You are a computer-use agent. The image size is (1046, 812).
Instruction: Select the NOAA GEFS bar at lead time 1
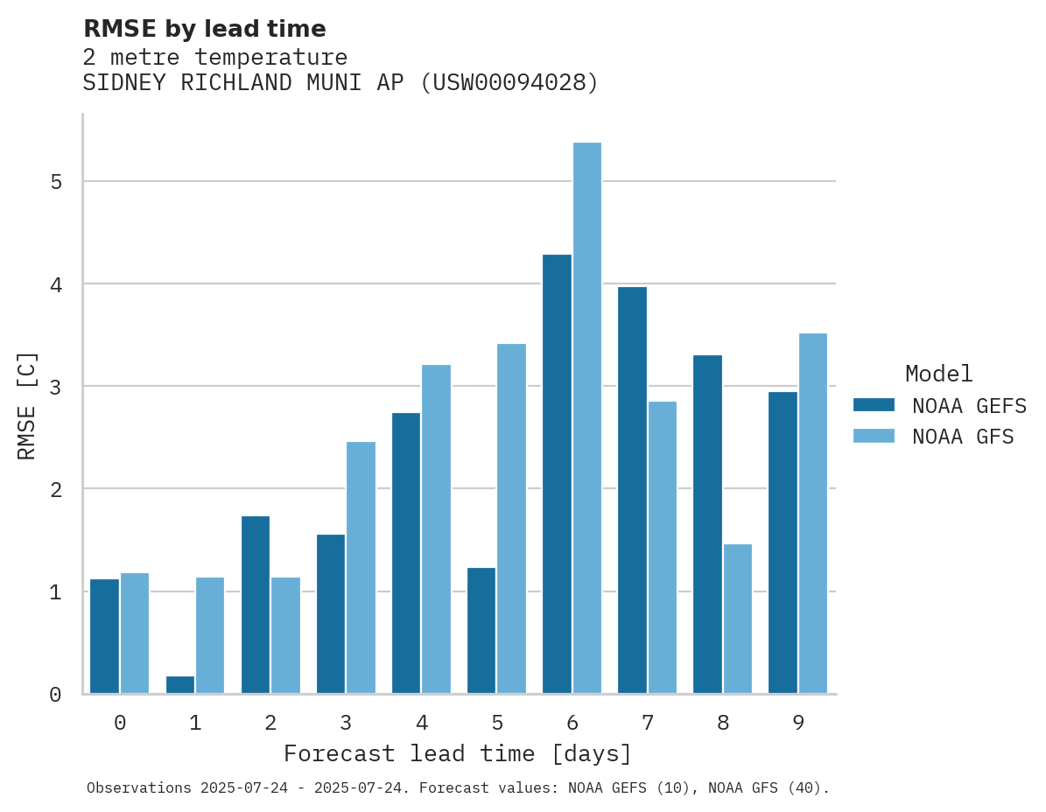pyautogui.click(x=180, y=685)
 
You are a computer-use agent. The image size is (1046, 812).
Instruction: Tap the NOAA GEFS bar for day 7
pyautogui.click(x=632, y=490)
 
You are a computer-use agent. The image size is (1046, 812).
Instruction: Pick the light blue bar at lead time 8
pyautogui.click(x=738, y=619)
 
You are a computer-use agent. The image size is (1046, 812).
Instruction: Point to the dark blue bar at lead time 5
pyautogui.click(x=481, y=630)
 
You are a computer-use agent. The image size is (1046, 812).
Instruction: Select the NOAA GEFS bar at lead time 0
pyautogui.click(x=105, y=636)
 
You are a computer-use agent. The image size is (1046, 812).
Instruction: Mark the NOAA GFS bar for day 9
pyautogui.click(x=813, y=514)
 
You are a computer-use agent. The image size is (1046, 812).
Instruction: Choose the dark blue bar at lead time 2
pyautogui.click(x=256, y=605)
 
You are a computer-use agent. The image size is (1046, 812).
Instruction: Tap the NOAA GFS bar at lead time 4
pyautogui.click(x=436, y=529)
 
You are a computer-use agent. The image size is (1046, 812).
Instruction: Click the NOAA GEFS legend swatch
pyautogui.click(x=874, y=405)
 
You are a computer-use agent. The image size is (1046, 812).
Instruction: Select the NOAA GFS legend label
pyautogui.click(x=962, y=437)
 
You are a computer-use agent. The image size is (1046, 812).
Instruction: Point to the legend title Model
pyautogui.click(x=938, y=374)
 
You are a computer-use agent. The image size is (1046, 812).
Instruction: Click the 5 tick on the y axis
pyautogui.click(x=55, y=182)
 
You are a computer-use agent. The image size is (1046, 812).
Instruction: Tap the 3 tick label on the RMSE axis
pyautogui.click(x=55, y=387)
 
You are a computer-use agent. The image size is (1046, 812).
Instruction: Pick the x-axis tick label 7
pyautogui.click(x=648, y=723)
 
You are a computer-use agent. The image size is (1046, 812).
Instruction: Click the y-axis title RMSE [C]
pyautogui.click(x=27, y=405)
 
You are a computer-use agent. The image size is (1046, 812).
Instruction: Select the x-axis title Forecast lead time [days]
pyautogui.click(x=458, y=753)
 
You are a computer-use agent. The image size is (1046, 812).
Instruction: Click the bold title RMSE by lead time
pyautogui.click(x=204, y=29)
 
